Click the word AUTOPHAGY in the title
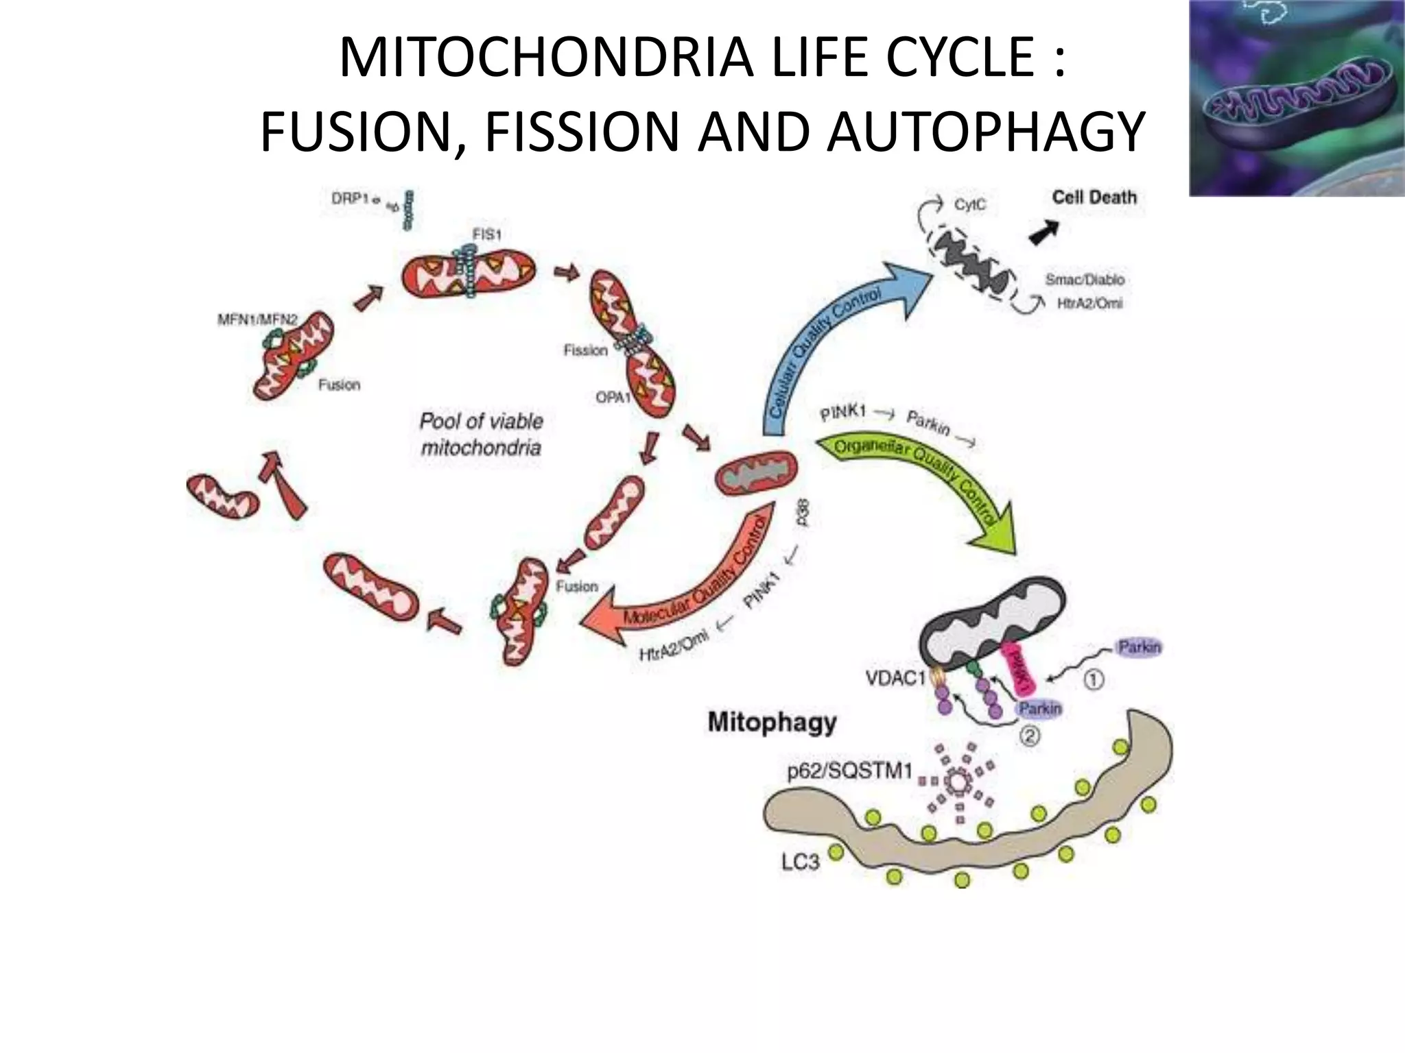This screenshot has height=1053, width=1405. (985, 132)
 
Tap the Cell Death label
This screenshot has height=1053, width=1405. (1094, 197)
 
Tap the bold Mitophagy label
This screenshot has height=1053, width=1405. (772, 723)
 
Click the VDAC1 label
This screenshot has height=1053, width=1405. (895, 679)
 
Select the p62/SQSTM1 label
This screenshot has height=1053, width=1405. (849, 771)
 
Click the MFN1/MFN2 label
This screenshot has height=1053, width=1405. (257, 319)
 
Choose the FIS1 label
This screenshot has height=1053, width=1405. (486, 234)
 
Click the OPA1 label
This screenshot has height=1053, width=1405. (612, 397)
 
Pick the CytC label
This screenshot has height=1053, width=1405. (969, 205)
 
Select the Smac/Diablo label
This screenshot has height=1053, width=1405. (1084, 280)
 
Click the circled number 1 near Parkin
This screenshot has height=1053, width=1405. (1093, 679)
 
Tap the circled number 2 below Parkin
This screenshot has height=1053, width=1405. (1029, 736)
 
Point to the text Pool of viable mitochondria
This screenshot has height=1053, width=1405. (481, 434)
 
